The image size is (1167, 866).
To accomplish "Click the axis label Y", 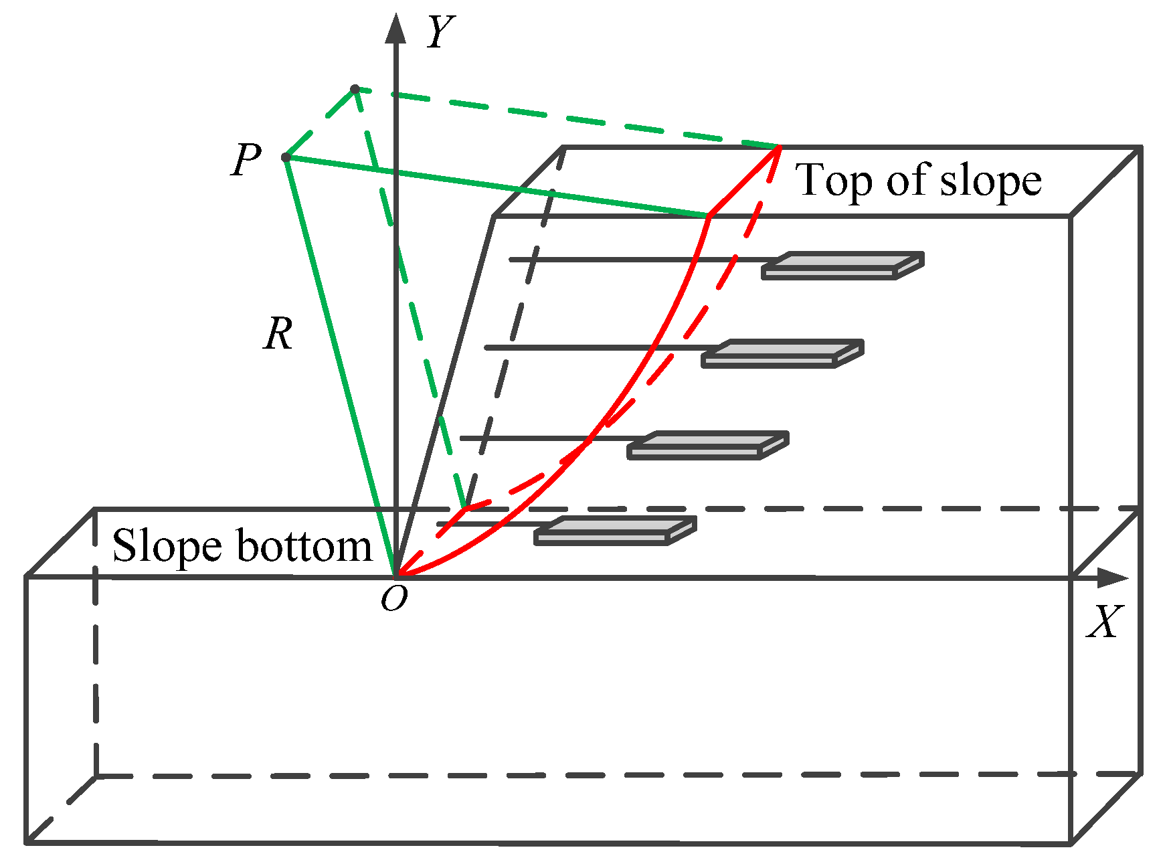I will click(x=441, y=32).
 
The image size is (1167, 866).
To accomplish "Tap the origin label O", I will click(x=394, y=599).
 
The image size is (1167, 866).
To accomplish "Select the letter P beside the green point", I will click(x=246, y=160).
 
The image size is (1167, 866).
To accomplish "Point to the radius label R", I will click(x=278, y=334).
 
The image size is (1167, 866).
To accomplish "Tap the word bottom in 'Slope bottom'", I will click(x=304, y=546).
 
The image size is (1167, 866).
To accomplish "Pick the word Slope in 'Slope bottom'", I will click(x=167, y=546).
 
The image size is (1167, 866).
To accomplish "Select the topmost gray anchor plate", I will click(x=842, y=266).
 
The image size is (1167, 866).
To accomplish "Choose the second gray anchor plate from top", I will click(x=782, y=353).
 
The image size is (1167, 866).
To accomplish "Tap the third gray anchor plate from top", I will click(x=708, y=445).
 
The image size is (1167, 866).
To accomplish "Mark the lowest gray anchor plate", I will click(x=615, y=531).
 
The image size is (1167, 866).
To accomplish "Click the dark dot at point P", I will click(x=286, y=157).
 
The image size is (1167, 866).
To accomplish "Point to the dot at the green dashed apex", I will click(x=355, y=89).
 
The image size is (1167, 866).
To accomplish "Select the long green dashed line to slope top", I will click(x=569, y=118).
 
